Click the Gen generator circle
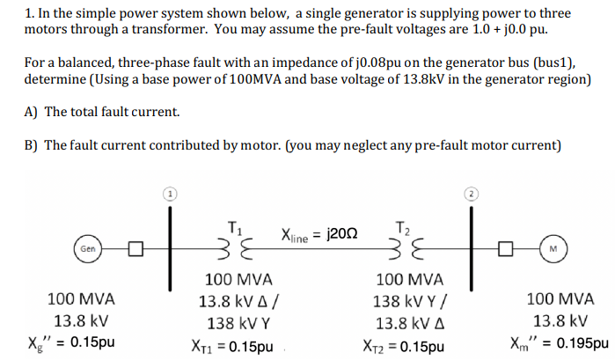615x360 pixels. coord(87,250)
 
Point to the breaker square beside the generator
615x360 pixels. coord(135,250)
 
